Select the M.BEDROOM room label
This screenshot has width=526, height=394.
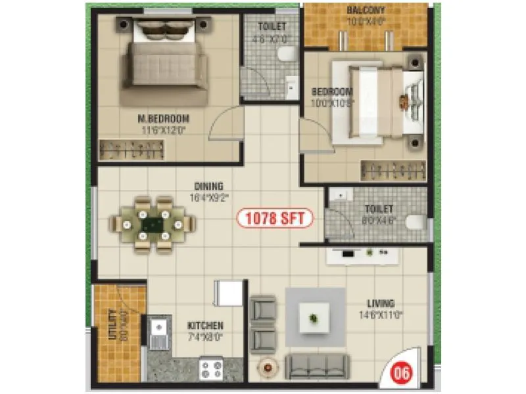pyautogui.click(x=164, y=119)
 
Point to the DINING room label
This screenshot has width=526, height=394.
pyautogui.click(x=208, y=186)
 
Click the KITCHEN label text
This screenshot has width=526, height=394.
pyautogui.click(x=205, y=325)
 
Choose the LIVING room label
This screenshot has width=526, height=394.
pyautogui.click(x=381, y=303)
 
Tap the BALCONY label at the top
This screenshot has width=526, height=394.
pyautogui.click(x=366, y=10)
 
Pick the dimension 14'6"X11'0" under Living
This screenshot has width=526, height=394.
pyautogui.click(x=381, y=314)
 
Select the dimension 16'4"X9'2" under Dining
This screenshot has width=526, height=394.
pyautogui.click(x=208, y=196)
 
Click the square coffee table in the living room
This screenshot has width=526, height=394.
pyautogui.click(x=314, y=318)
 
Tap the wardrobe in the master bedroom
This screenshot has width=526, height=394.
pyautogui.click(x=131, y=150)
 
